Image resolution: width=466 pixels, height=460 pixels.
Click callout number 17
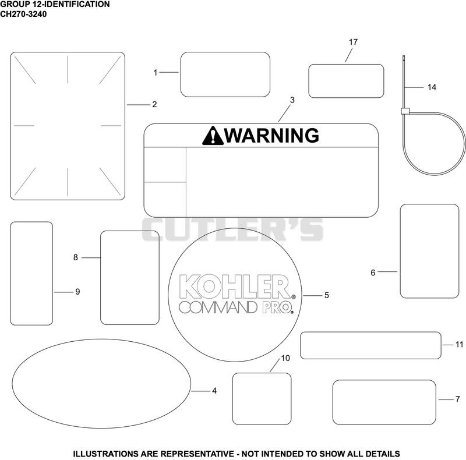click(353, 42)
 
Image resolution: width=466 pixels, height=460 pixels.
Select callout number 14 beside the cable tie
click(432, 87)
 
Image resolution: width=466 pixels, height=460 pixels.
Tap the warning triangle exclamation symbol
click(213, 136)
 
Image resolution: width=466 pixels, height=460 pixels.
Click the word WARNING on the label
click(271, 136)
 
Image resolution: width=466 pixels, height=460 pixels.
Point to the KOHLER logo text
click(235, 286)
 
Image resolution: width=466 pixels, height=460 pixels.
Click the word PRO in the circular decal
click(276, 307)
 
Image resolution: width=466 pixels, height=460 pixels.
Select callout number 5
click(327, 295)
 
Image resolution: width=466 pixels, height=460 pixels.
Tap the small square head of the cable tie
click(405, 111)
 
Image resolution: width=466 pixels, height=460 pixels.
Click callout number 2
click(154, 105)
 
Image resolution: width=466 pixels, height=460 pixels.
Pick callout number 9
click(77, 292)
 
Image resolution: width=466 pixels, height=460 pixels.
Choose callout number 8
click(76, 257)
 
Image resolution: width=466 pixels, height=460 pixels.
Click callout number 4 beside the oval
click(214, 391)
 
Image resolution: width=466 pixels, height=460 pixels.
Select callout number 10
click(285, 358)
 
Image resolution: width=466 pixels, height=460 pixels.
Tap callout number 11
click(459, 345)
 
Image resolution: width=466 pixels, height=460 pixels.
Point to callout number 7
click(458, 399)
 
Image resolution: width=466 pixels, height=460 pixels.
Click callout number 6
click(373, 273)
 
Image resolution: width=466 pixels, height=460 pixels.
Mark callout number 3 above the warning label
click(292, 100)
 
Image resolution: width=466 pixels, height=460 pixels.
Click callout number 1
click(155, 73)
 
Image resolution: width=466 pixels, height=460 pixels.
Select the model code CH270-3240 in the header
click(23, 14)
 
